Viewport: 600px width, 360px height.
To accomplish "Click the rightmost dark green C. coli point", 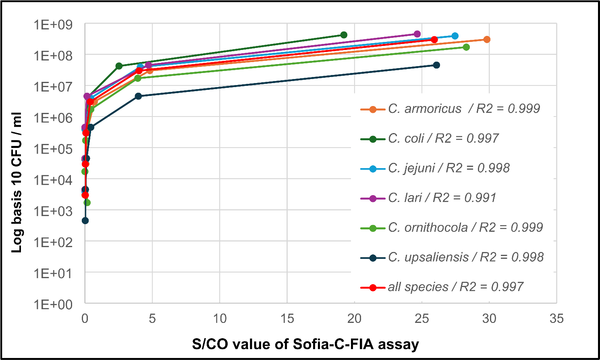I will [344, 35].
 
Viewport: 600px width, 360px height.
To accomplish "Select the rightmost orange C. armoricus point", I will [487, 40].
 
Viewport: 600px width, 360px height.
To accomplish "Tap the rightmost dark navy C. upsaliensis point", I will [436, 65].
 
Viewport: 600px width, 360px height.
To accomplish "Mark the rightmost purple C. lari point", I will [417, 34].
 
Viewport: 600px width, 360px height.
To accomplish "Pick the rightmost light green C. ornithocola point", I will [466, 47].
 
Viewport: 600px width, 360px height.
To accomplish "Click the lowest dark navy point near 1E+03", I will [85, 221].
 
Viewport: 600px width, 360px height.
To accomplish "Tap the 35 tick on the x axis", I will [556, 319].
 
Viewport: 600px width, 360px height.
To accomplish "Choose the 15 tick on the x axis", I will [287, 319].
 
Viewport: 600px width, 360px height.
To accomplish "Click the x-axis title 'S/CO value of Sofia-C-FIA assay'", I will [305, 345].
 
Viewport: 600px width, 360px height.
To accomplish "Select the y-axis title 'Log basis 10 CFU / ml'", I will [17, 183].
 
